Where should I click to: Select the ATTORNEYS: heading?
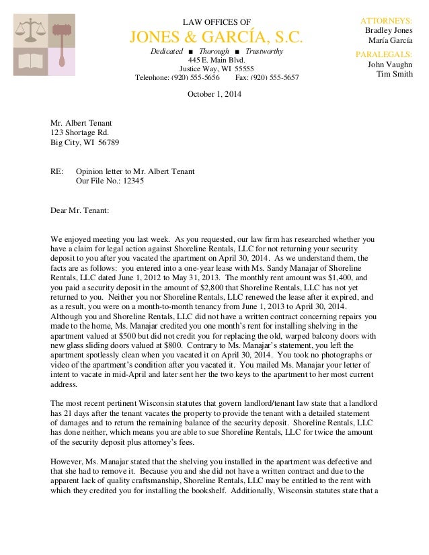(x=387, y=21)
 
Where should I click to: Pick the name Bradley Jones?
(x=388, y=31)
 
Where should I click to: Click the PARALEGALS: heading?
(x=384, y=54)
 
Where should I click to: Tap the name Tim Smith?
(x=394, y=74)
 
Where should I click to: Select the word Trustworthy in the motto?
(x=264, y=52)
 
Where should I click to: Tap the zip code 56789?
(x=110, y=142)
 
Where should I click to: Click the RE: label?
(x=57, y=171)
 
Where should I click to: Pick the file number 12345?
(x=132, y=181)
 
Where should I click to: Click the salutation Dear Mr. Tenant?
(x=80, y=210)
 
